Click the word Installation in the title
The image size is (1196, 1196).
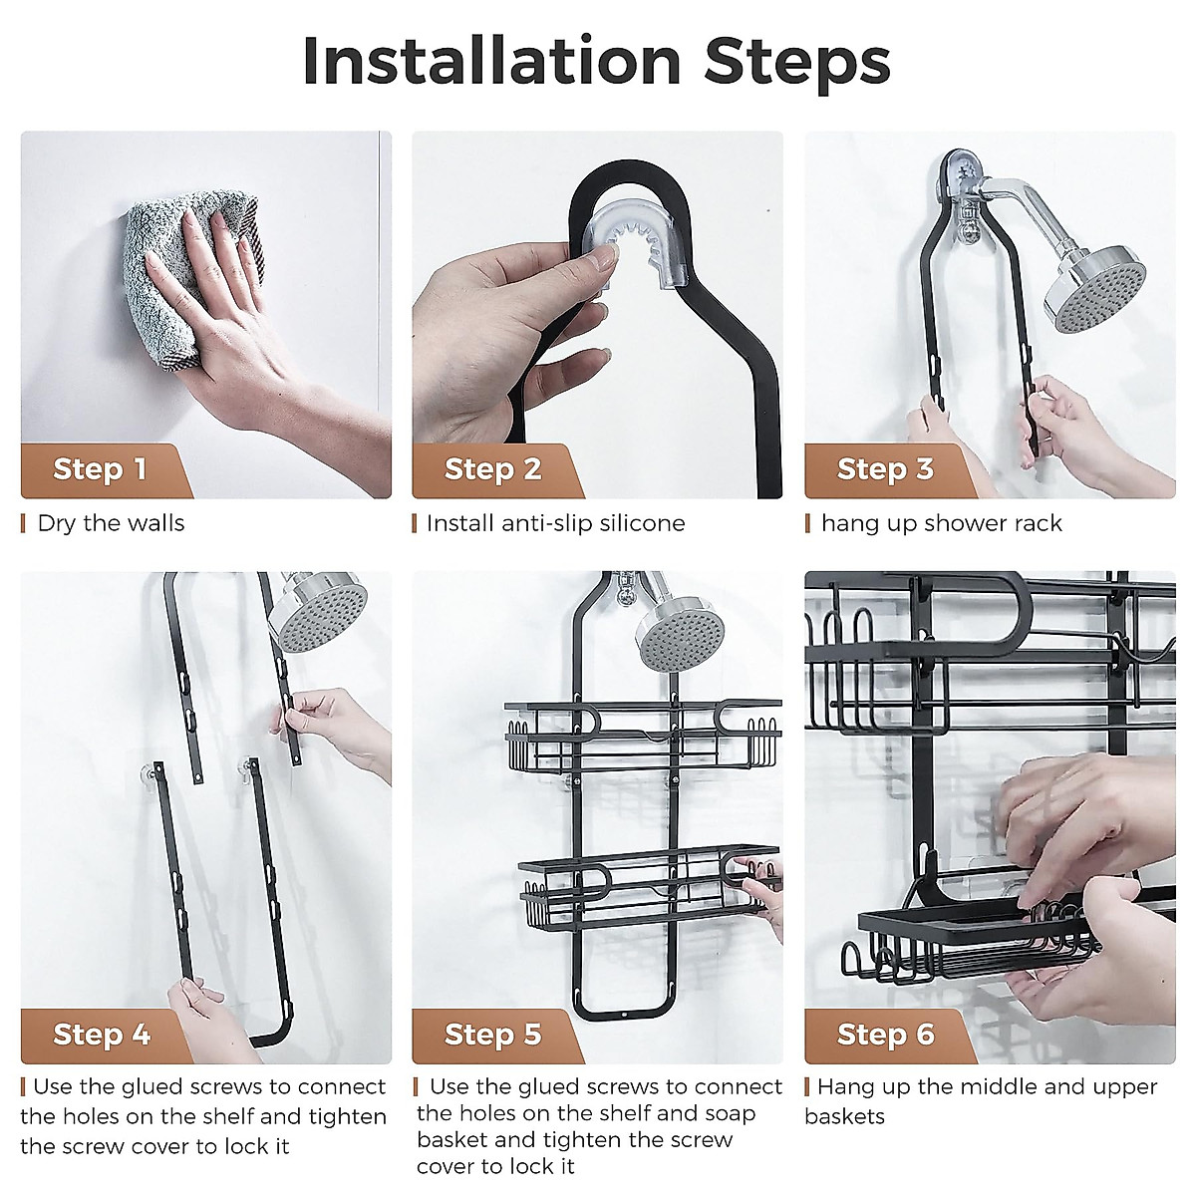pos(492,61)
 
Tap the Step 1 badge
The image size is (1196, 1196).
pos(103,470)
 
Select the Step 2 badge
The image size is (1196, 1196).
pos(494,470)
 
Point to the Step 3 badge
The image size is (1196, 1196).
pos(886,470)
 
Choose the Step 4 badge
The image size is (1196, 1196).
pos(103,1036)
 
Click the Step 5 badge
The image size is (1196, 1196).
pos(494,1036)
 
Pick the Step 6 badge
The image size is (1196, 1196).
pos(886,1036)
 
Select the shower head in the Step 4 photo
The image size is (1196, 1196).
pos(321,610)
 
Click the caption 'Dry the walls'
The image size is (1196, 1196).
pos(111,524)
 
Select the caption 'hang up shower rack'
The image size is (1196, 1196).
pos(942,525)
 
